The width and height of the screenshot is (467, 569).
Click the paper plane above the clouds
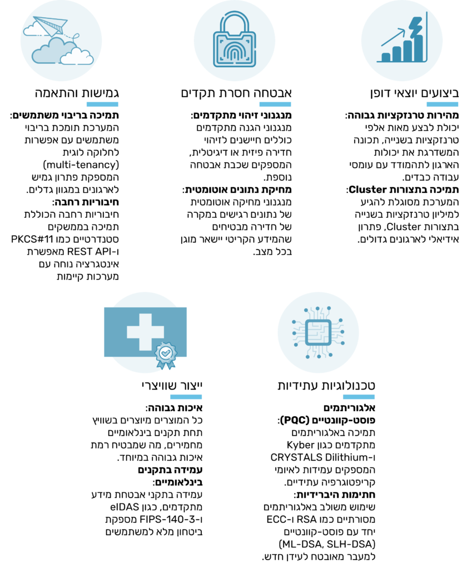(50, 26)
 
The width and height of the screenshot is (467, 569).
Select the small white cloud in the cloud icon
(77, 56)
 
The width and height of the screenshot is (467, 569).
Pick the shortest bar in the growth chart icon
(386, 57)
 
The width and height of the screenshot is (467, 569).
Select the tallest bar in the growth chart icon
(418, 49)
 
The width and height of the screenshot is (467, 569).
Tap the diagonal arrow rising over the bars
(394, 37)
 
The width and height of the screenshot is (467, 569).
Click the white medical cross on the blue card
(145, 332)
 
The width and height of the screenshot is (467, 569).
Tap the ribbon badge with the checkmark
(166, 354)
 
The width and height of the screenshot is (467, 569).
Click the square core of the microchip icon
(318, 332)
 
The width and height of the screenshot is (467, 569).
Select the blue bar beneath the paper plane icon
(102, 104)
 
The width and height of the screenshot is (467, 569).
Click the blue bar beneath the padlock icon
(275, 104)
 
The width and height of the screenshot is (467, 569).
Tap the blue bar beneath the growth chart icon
(443, 104)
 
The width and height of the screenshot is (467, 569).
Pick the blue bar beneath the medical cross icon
(186, 397)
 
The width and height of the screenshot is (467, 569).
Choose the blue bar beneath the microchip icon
(359, 397)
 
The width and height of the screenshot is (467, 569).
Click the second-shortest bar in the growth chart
(396, 54)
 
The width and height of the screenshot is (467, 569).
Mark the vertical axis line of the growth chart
(426, 36)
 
